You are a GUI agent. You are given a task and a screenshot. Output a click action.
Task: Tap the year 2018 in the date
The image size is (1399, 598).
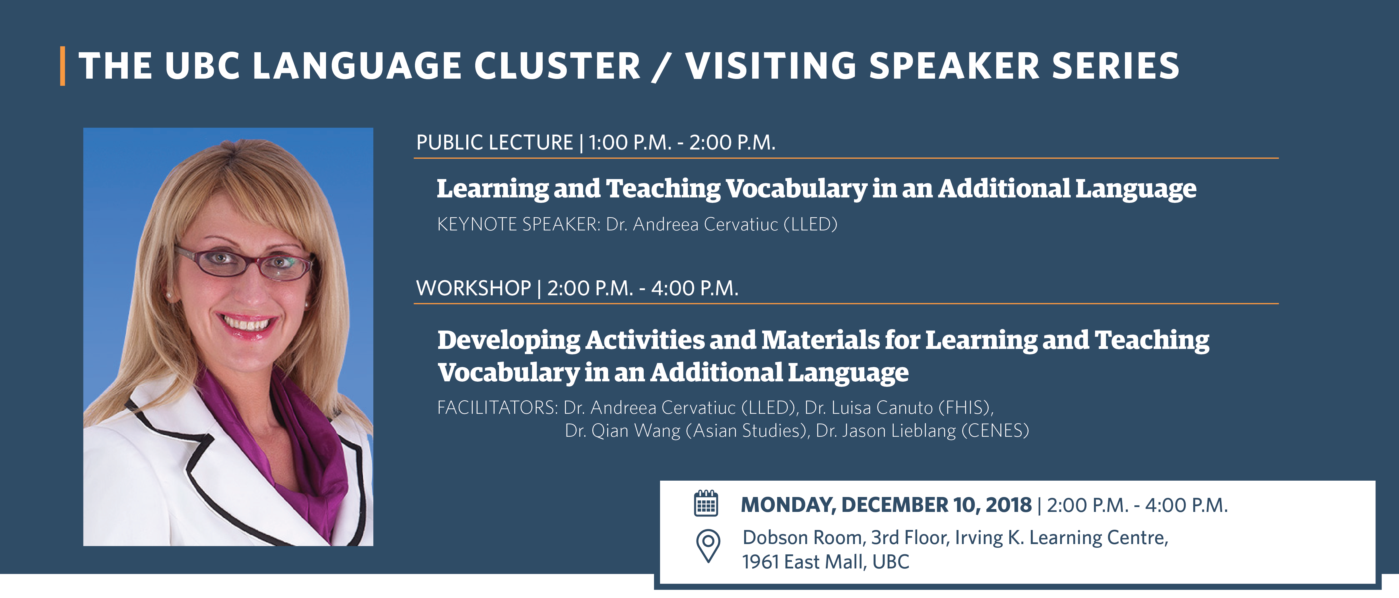tap(1008, 504)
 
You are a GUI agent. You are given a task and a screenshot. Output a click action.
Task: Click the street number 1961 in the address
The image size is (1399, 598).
tap(760, 562)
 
